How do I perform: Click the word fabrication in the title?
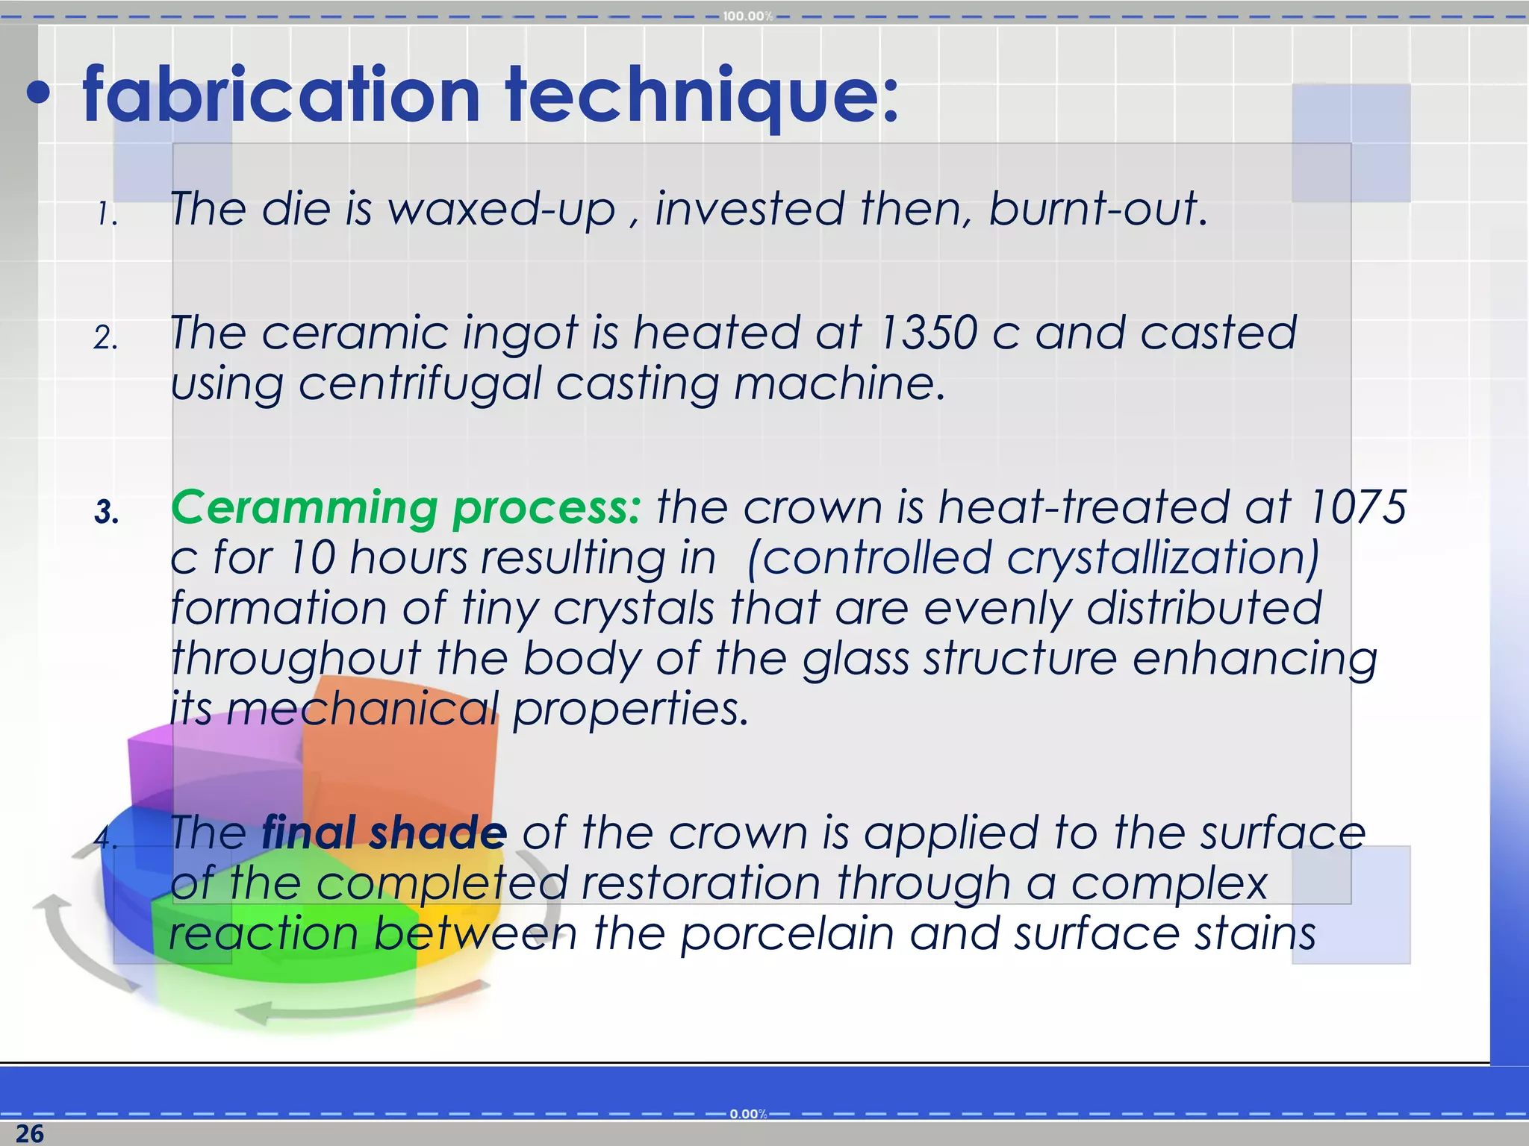click(x=281, y=95)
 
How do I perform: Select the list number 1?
click(x=107, y=216)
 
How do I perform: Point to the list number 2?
click(x=105, y=338)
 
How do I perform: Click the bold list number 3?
click(x=106, y=513)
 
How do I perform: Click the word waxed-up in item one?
click(x=502, y=210)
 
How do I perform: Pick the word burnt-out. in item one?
click(x=1097, y=210)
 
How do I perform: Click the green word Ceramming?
click(x=304, y=508)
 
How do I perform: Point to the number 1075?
click(x=1357, y=508)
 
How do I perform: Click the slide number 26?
click(x=29, y=1133)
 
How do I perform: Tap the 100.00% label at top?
click(x=747, y=16)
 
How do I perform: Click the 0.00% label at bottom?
click(x=747, y=1114)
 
